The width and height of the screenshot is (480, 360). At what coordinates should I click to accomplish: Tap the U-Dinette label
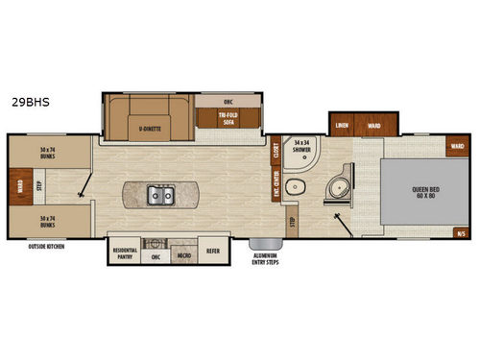pos(150,127)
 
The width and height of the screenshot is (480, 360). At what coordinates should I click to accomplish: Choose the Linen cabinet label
pos(342,126)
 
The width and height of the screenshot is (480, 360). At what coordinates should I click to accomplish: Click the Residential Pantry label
pos(126,253)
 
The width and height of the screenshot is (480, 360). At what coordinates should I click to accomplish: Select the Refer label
pos(213,251)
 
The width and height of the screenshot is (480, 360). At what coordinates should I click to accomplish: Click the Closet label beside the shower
pos(276,150)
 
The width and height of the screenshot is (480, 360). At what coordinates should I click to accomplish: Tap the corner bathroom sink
pos(338,186)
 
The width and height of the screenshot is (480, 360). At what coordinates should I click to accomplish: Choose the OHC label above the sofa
pos(228,102)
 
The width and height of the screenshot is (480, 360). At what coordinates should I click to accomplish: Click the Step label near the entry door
pos(293,223)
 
